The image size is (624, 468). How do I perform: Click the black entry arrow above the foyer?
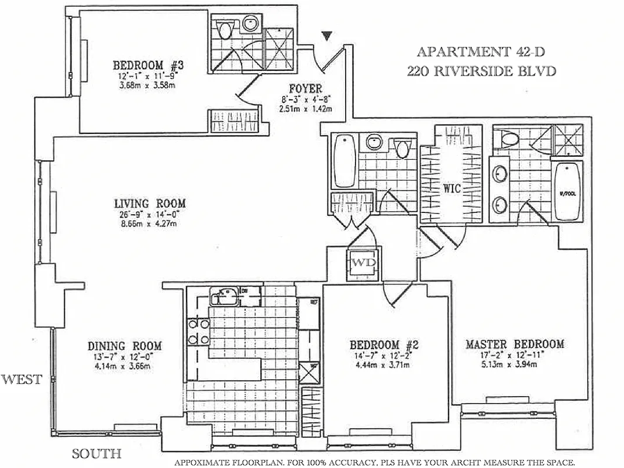pos(327,36)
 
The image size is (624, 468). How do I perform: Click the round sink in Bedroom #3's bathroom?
pos(250,24)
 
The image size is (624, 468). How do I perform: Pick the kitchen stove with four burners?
pos(198,332)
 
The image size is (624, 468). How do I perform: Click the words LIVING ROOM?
pos(150,204)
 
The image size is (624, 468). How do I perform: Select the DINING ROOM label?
pos(125,346)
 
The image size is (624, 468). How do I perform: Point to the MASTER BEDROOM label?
pos(515,344)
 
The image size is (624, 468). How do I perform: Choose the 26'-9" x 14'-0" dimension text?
pos(150,214)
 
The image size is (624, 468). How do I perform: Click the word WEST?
pos(22,379)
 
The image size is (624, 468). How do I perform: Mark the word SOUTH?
pos(96,453)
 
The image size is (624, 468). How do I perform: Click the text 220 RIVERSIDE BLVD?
pos(481,71)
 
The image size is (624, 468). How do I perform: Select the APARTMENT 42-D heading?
pos(480,51)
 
